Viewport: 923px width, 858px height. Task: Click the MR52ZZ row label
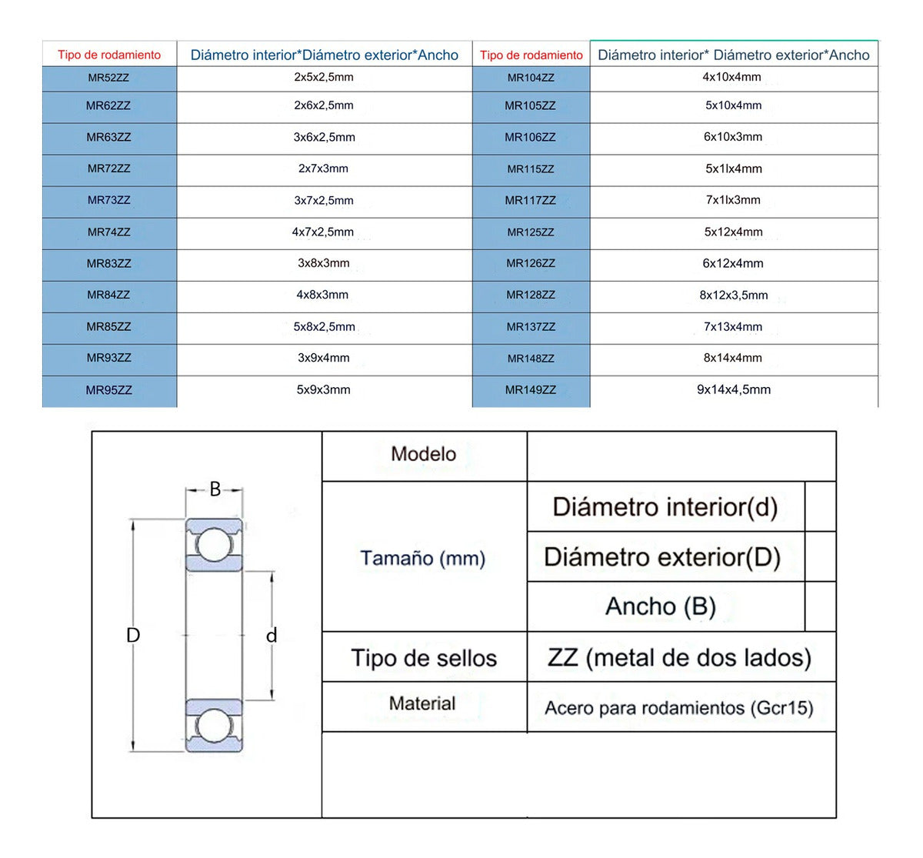(108, 78)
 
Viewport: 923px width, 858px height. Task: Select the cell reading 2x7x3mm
(323, 169)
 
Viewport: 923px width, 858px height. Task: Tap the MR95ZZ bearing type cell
(108, 390)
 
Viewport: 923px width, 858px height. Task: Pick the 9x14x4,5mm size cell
(733, 389)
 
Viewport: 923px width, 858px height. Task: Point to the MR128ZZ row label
(531, 295)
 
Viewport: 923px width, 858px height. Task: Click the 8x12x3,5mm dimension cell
(733, 295)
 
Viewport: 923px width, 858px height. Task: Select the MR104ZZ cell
(531, 78)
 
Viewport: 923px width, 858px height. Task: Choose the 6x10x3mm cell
(733, 137)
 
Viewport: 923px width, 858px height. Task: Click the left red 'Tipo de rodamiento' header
(109, 55)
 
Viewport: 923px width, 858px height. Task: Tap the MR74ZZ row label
(108, 232)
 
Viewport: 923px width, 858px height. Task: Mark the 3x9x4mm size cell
(323, 358)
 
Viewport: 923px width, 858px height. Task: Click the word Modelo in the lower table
(423, 454)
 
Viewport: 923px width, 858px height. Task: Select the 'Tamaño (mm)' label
(423, 558)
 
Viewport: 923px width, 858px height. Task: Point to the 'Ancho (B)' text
(661, 606)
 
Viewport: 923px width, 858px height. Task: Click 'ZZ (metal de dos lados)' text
(679, 658)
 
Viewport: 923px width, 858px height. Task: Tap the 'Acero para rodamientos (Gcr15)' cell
(679, 708)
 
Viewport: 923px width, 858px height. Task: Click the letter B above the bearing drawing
(215, 489)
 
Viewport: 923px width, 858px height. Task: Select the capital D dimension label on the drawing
(133, 636)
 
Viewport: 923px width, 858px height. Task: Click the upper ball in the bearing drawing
(214, 546)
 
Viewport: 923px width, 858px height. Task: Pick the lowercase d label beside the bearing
(272, 636)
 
